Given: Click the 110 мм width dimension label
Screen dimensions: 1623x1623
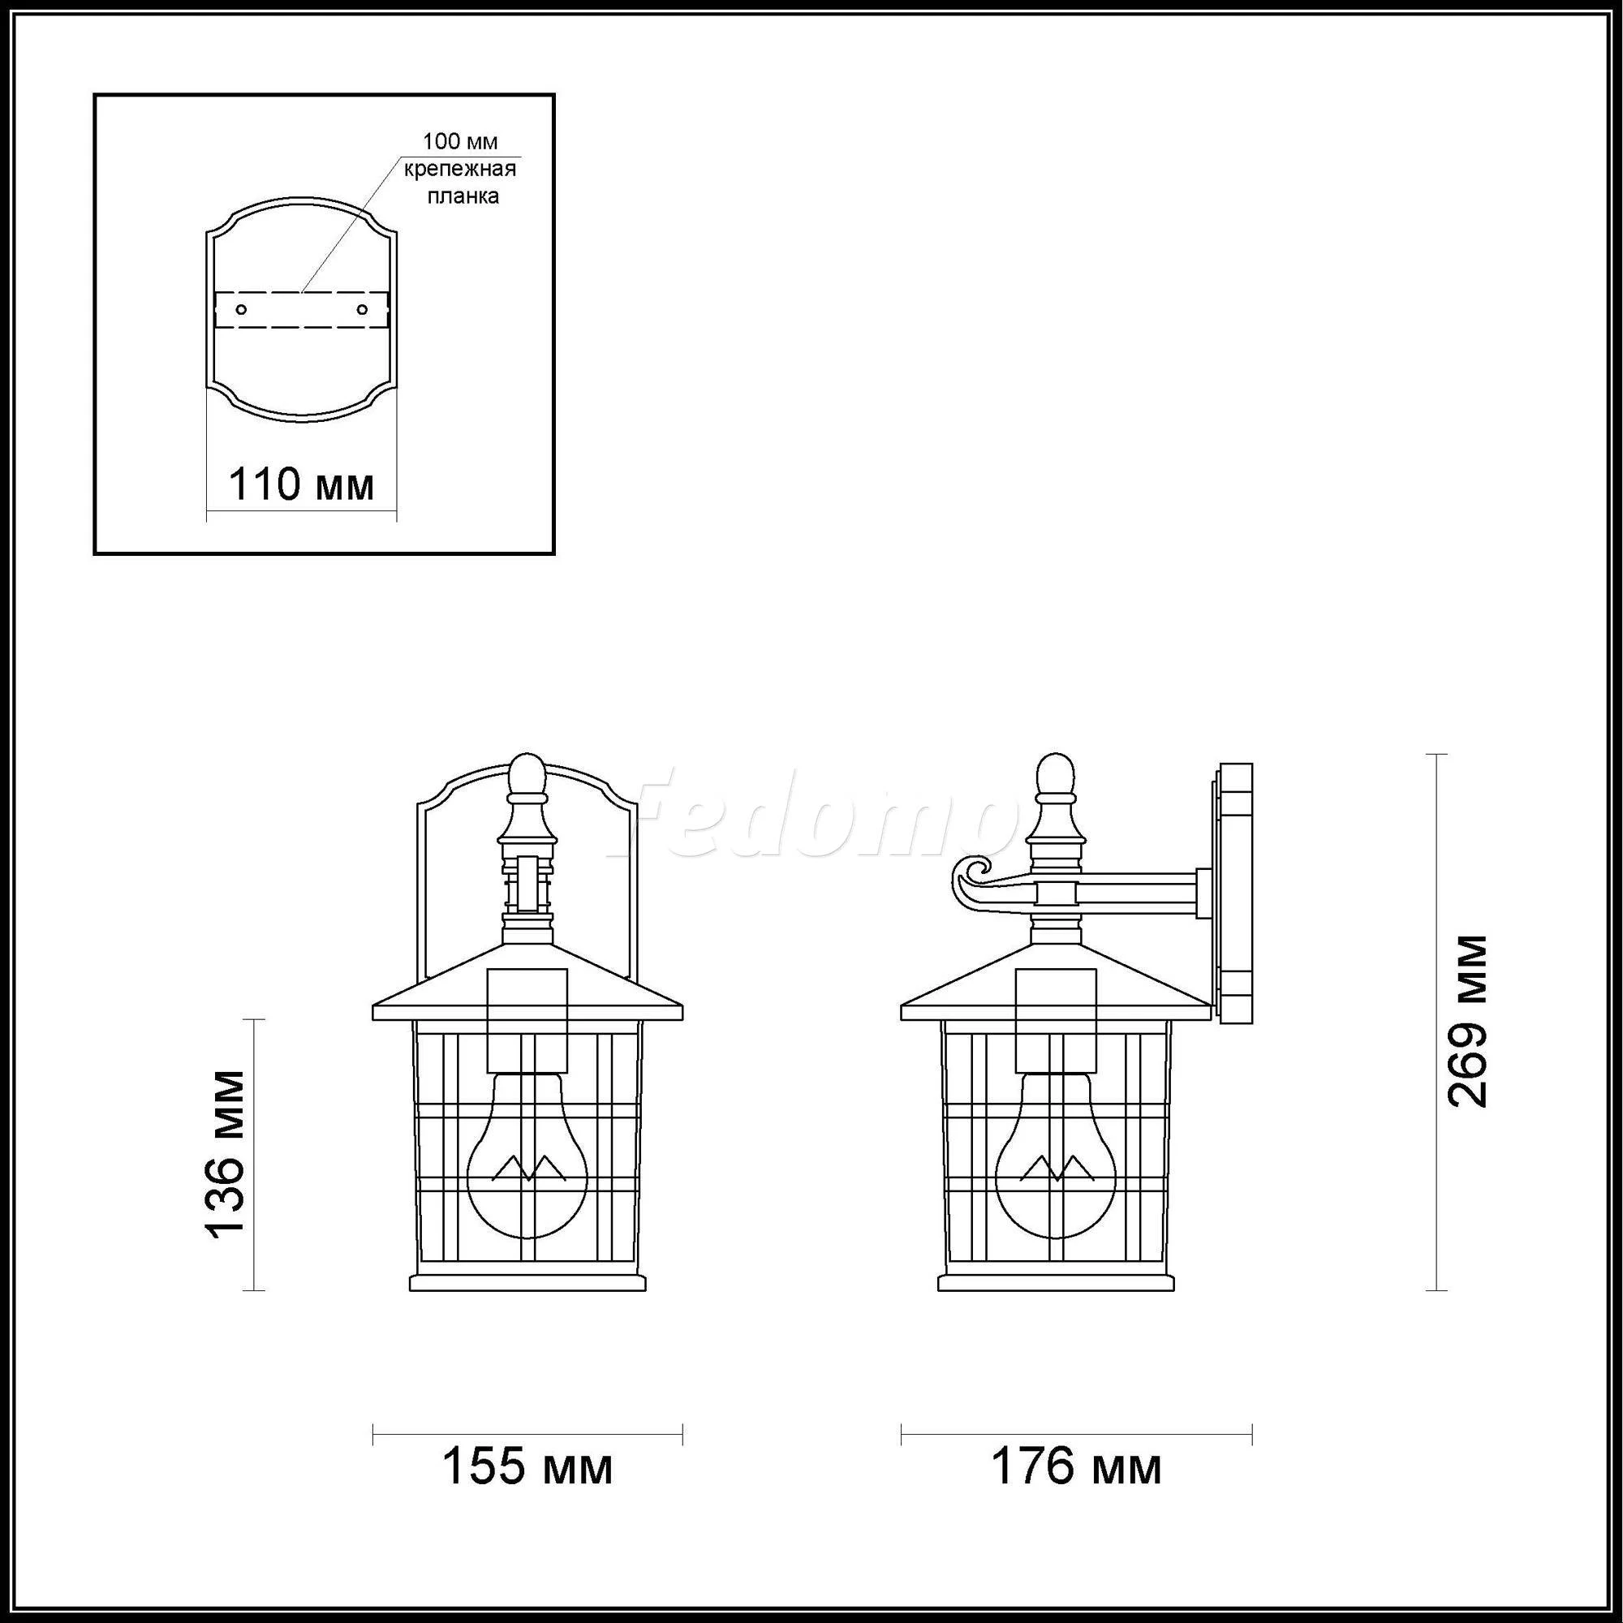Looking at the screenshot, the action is (x=302, y=484).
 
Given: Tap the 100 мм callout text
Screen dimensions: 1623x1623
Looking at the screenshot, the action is (x=460, y=140).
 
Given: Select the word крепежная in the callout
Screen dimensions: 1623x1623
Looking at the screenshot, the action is (x=460, y=169).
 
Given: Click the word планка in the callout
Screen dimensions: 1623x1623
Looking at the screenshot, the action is (x=463, y=196).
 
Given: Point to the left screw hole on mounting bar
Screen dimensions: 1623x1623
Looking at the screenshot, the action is (x=241, y=310).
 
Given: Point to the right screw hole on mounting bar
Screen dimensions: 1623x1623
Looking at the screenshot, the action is (x=362, y=310).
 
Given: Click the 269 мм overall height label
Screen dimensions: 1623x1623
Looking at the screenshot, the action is (x=1467, y=1022).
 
